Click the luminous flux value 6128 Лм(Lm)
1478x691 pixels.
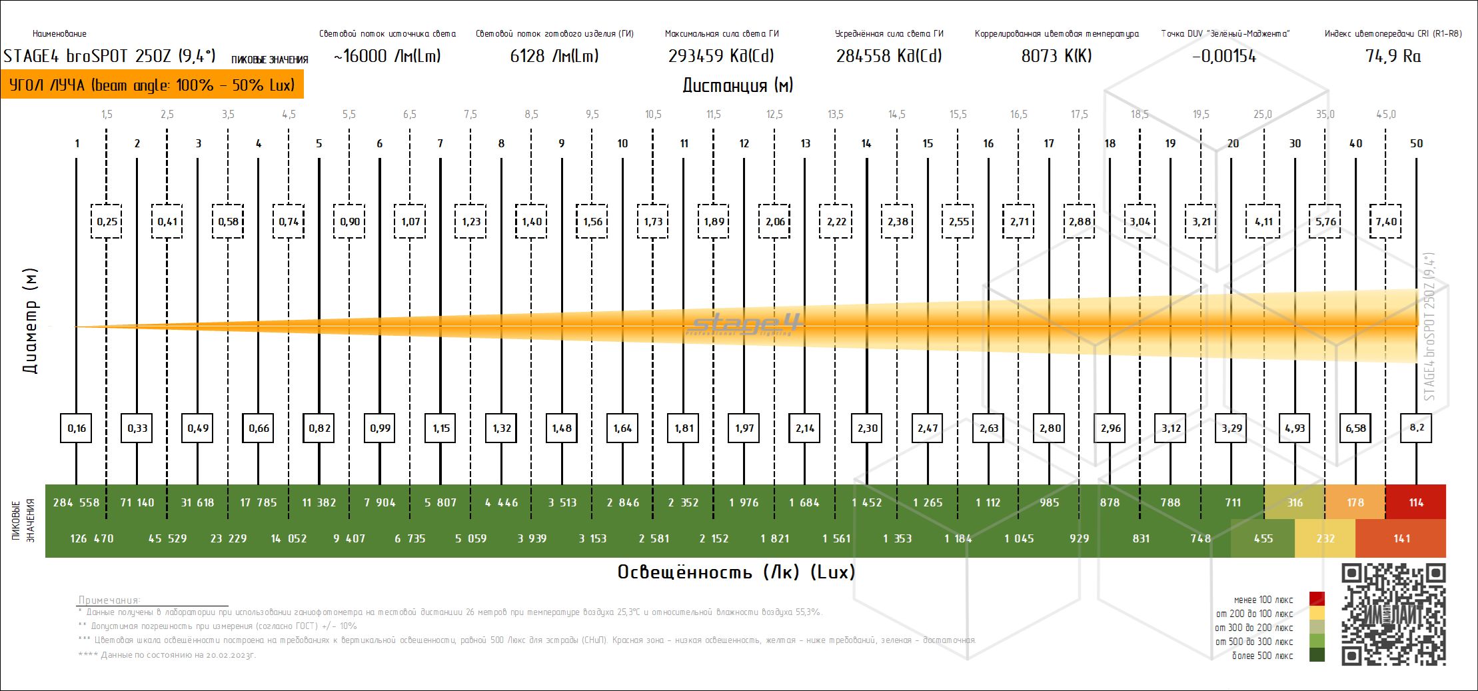click(x=554, y=56)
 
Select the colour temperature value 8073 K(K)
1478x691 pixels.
click(x=1056, y=56)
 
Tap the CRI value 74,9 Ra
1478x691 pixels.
click(x=1393, y=56)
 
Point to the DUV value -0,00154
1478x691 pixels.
click(x=1224, y=56)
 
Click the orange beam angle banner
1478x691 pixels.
click(x=152, y=85)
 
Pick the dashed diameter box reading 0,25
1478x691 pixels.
click(x=107, y=221)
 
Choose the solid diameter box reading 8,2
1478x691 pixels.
click(x=1416, y=428)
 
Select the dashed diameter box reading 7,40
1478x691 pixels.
click(x=1386, y=221)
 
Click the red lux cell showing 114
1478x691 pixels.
click(x=1415, y=502)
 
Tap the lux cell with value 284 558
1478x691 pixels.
click(x=76, y=502)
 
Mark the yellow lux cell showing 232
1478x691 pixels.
click(x=1325, y=538)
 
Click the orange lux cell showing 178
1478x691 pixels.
click(x=1355, y=502)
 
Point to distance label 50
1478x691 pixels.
click(x=1416, y=143)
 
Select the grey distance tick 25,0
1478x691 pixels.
click(x=1262, y=115)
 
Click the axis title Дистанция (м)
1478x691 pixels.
click(x=738, y=85)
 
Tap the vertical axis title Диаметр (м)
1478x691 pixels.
click(x=30, y=321)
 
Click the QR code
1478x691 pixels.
click(x=1393, y=614)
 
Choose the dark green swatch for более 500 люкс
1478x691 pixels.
click(x=1317, y=656)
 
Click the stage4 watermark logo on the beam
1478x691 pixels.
click(x=746, y=325)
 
